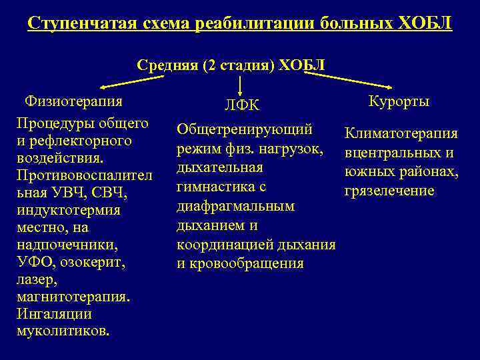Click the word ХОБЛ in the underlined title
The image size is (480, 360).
tap(424, 24)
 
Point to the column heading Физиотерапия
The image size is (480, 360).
tap(73, 101)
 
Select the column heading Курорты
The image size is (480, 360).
tap(399, 101)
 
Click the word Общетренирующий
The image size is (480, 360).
tap(245, 128)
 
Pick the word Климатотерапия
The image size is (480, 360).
tap(401, 134)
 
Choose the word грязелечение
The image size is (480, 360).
tap(389, 191)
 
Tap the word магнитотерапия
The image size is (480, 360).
tap(73, 297)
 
